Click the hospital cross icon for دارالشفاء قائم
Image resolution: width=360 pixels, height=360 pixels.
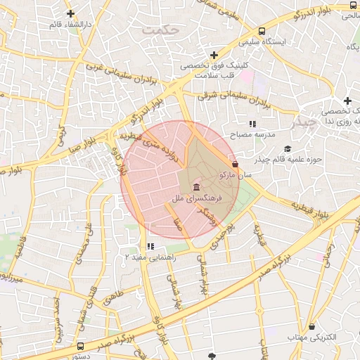[x=70, y=13]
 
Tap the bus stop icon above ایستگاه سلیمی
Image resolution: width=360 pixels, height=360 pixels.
[x=262, y=32]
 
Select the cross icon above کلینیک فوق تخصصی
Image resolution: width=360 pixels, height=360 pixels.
[x=214, y=55]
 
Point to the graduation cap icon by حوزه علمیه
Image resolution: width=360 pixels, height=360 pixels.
[x=287, y=148]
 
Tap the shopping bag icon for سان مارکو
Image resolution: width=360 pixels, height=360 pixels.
[x=234, y=164]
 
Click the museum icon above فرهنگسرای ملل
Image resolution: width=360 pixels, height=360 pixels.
[x=195, y=188]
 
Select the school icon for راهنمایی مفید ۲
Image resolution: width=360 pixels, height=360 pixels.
[x=150, y=246]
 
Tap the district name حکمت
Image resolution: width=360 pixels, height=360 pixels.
[x=161, y=31]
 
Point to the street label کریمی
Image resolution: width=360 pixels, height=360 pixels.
[x=61, y=137]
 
